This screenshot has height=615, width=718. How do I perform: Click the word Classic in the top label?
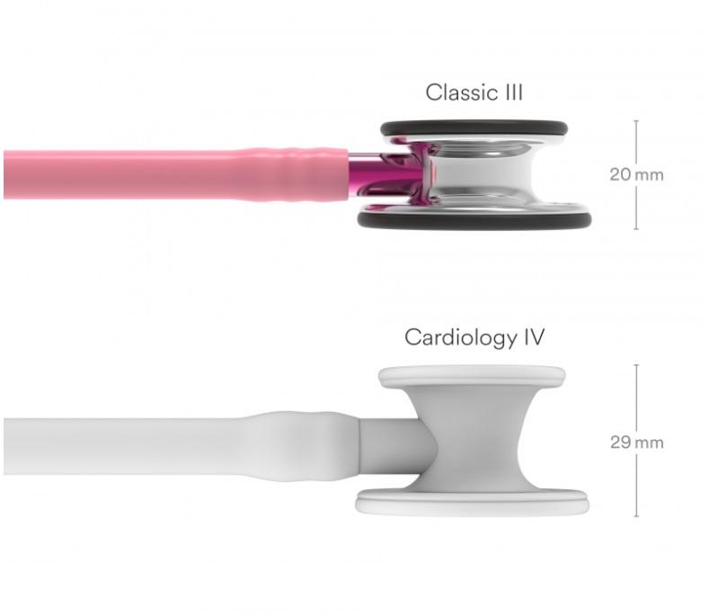(458, 92)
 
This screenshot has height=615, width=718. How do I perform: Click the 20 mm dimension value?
(636, 174)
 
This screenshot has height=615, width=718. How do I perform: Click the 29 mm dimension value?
(636, 443)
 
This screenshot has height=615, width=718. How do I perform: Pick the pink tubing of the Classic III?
(135, 174)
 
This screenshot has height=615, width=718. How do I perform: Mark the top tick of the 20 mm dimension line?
(636, 121)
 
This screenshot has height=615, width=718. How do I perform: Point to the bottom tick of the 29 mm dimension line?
(636, 516)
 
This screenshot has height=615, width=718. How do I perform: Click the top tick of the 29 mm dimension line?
(636, 365)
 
